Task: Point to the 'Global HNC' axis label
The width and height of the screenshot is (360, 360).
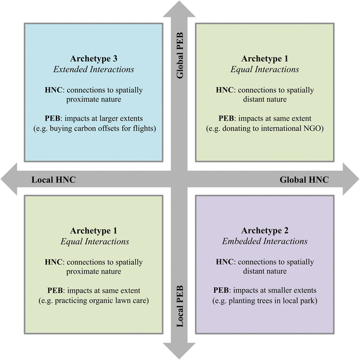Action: pos(304,179)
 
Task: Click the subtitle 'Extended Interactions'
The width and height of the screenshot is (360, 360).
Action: pos(93,70)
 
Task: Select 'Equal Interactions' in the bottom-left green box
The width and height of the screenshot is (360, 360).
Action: pos(93,242)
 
